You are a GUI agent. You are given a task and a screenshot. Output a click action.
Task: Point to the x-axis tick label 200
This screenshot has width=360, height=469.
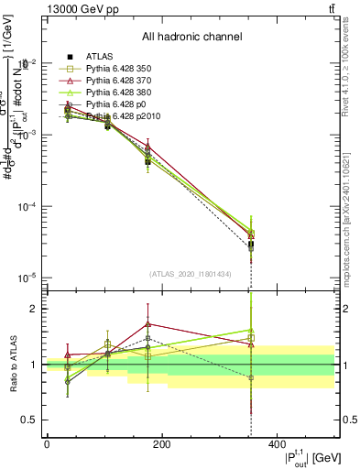click(x=161, y=444)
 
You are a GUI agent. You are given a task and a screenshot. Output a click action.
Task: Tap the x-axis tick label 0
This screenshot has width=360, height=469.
click(x=47, y=444)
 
